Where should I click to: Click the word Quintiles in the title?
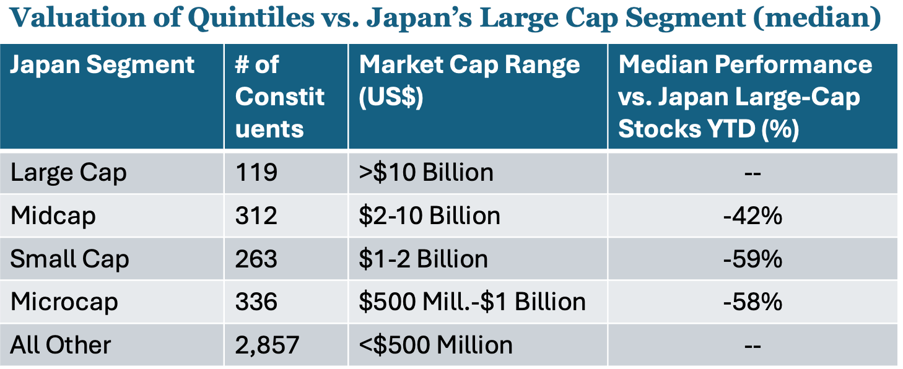point(251,18)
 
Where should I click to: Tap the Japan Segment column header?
point(102,65)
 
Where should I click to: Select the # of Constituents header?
point(280,97)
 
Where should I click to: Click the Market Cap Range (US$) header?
point(469,81)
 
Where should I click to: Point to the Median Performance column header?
point(745,97)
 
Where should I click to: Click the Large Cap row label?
point(69,173)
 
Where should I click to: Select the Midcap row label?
point(53,216)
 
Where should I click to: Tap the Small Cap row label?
point(70,259)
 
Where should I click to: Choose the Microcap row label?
point(64,302)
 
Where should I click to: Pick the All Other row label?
point(61,345)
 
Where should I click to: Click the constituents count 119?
point(256,172)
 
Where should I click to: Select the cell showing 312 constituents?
point(256,215)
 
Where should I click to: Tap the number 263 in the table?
point(256,259)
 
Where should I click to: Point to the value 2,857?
point(267,345)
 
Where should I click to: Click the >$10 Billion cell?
point(426,173)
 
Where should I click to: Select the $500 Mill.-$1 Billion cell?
point(472,302)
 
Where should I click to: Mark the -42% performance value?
point(752,216)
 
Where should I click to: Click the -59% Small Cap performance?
point(752,259)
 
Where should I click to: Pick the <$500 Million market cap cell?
point(436,345)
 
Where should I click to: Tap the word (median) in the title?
point(817,18)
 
